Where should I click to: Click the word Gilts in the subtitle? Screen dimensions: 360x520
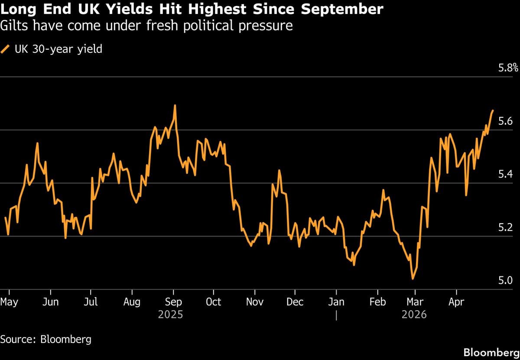pos(12,26)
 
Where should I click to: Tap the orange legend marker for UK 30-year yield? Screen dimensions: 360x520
pos(6,49)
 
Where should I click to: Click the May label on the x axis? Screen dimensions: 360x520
pos(9,302)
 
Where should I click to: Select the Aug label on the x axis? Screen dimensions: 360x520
pos(132,302)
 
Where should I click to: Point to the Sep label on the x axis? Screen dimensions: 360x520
pos(173,302)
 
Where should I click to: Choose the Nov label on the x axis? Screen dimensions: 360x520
pos(254,302)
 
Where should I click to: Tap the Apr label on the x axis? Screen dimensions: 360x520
pos(456,302)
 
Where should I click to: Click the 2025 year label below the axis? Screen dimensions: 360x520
pos(170,315)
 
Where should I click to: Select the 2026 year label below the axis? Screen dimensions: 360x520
pos(414,315)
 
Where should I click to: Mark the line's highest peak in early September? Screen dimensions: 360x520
pos(175,105)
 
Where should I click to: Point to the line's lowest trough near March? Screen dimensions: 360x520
pos(413,279)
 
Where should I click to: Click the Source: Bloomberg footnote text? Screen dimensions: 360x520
pos(46,339)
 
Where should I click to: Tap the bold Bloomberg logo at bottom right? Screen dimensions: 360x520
pos(491,351)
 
